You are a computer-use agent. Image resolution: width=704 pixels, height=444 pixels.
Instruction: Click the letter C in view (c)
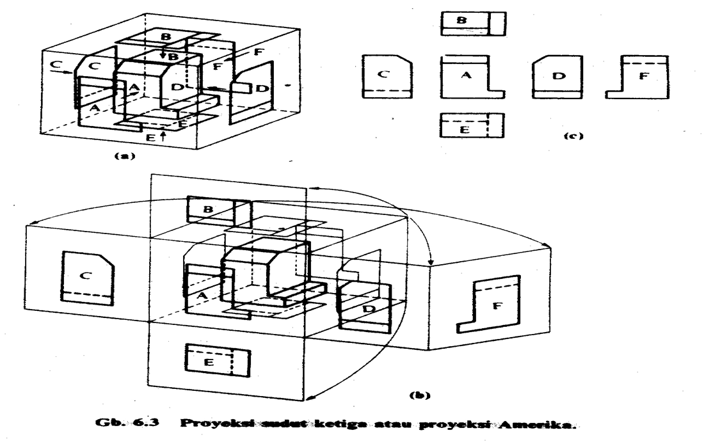[x=383, y=75]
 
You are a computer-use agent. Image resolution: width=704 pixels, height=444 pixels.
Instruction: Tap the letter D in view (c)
[x=558, y=76]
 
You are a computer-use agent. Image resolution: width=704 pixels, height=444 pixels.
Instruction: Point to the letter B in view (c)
[x=460, y=20]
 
